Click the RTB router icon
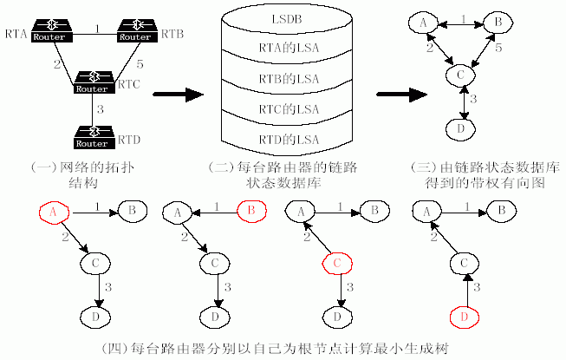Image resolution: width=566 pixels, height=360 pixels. [134, 31]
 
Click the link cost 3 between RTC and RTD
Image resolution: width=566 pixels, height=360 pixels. [101, 109]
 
